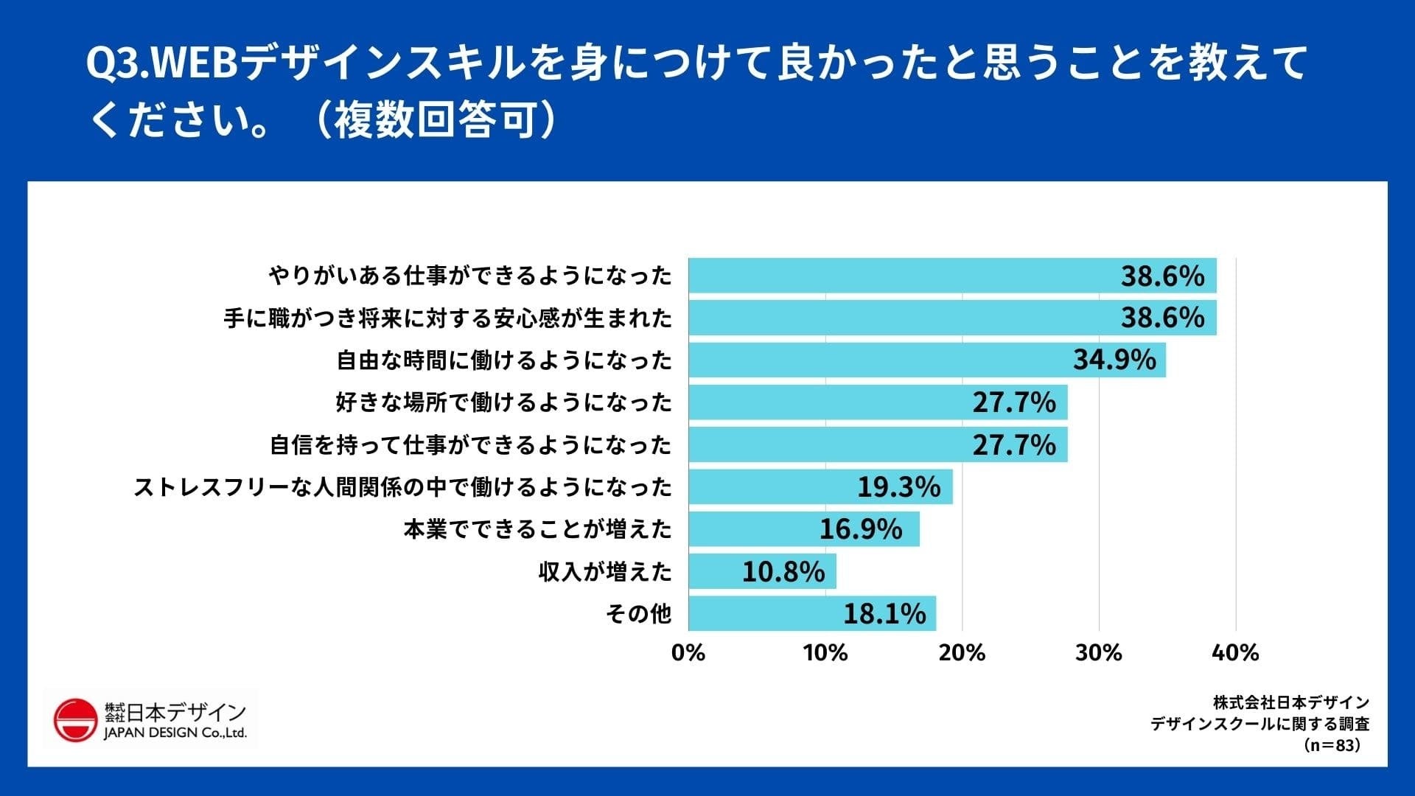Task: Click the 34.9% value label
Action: [1114, 360]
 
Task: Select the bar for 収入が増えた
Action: [762, 571]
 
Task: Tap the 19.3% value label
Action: [898, 487]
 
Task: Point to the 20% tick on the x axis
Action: [962, 652]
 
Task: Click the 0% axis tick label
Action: [688, 652]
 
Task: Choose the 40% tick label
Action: [1235, 652]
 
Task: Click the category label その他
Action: [638, 613]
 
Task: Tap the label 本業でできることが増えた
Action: [537, 529]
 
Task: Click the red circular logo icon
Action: [75, 719]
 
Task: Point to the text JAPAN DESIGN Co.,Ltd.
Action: [175, 733]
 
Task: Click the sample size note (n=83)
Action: [1332, 745]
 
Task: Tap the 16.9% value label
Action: [860, 529]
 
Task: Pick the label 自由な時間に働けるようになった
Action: [504, 360]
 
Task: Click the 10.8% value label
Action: [783, 572]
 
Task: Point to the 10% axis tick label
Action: [825, 652]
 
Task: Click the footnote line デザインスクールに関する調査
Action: [1259, 724]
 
